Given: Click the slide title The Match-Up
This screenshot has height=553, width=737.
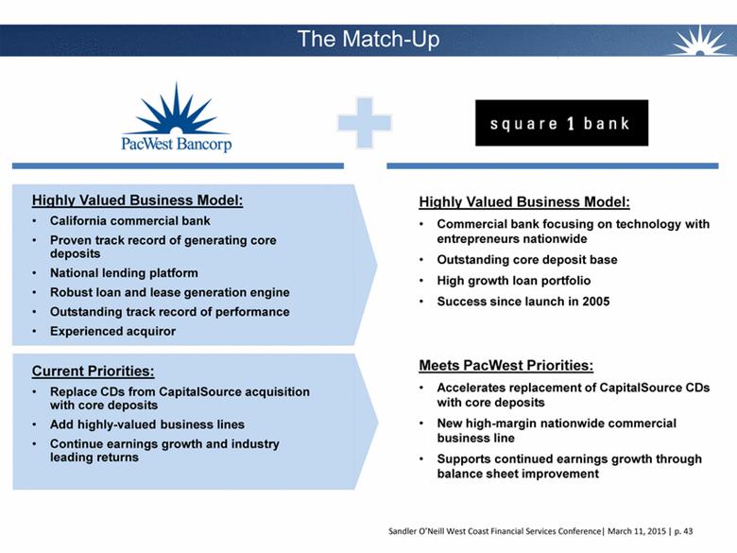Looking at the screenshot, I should tap(368, 39).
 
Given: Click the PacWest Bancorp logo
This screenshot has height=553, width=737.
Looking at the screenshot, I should tap(177, 119).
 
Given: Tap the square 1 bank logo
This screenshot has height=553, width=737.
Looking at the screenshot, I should tap(561, 123).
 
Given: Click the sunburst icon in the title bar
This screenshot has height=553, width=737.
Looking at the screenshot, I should tap(701, 41).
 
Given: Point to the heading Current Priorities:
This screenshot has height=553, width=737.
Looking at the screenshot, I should tap(93, 371).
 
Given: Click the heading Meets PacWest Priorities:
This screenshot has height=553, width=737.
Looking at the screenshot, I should tap(506, 365).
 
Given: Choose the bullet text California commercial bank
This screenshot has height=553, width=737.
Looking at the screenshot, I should tap(129, 220).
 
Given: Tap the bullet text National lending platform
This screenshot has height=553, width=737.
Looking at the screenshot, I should tap(124, 273).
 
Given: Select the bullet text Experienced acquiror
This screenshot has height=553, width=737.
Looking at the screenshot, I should tap(112, 331).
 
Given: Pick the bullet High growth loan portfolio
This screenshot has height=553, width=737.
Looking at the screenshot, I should tap(513, 281).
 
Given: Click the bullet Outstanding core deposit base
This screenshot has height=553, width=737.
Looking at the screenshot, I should tap(526, 260).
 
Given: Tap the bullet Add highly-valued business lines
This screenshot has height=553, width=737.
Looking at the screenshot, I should tap(146, 424).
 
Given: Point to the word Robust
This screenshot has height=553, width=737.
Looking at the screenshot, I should tap(73, 292).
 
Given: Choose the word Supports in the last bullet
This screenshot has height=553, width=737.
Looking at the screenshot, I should tap(464, 458).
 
